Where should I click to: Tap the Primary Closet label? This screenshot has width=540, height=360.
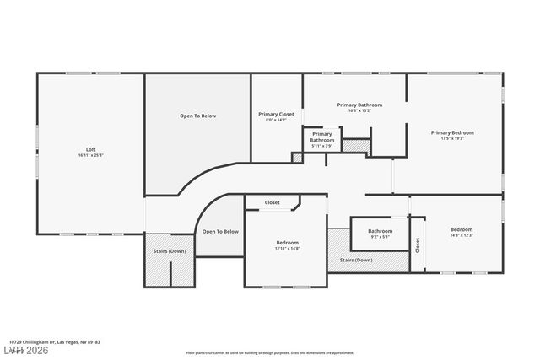(x=276, y=114)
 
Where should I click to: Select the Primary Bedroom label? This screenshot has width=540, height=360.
(x=452, y=132)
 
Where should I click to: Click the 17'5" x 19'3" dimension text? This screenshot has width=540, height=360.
(x=452, y=138)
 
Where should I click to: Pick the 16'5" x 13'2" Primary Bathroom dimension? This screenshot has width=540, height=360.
(x=359, y=110)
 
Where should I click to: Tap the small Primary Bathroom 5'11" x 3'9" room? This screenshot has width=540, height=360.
(x=321, y=140)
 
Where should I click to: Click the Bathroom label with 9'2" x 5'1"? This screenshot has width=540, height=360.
(x=380, y=231)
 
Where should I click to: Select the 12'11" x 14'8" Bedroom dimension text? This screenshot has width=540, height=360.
(x=287, y=249)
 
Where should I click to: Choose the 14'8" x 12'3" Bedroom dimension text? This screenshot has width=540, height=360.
(x=461, y=235)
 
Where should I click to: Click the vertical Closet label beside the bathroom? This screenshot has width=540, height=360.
(x=417, y=244)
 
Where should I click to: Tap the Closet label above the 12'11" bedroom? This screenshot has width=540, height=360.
(x=273, y=202)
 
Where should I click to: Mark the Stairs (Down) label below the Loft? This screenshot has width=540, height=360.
(x=170, y=251)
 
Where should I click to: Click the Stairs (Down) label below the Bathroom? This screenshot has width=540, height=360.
(x=355, y=261)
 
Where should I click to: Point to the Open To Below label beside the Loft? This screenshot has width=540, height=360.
(x=198, y=116)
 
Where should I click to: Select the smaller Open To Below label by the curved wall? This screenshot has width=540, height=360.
(x=219, y=231)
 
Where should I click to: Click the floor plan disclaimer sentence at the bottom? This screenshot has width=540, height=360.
(x=269, y=352)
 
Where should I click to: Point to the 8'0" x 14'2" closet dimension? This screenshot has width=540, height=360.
(x=276, y=120)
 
